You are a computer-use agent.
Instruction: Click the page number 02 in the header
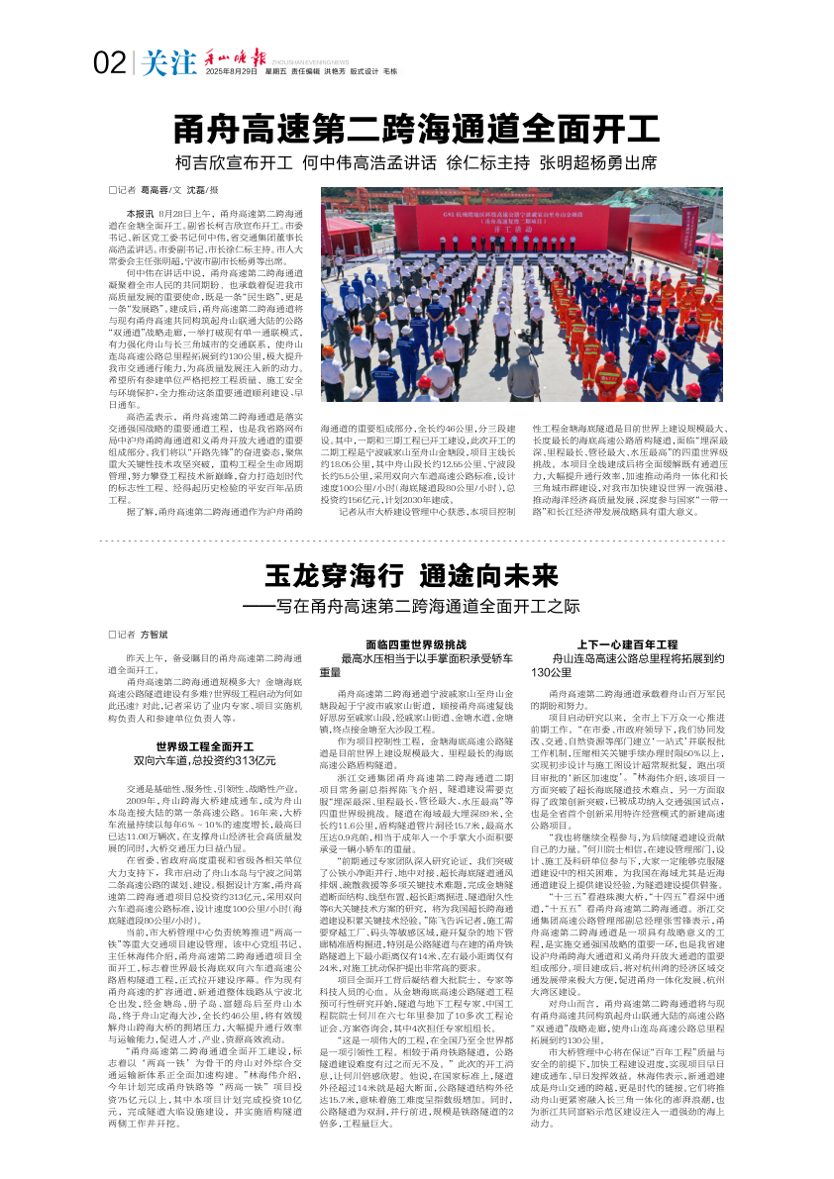pos(109,63)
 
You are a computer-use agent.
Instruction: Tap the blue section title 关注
pos(166,63)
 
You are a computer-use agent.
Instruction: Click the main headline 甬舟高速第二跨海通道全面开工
pos(416,129)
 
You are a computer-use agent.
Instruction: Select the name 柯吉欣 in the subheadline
pos(199,162)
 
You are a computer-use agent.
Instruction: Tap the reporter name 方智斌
pos(155,634)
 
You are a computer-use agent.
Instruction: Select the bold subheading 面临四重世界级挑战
pos(410,643)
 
